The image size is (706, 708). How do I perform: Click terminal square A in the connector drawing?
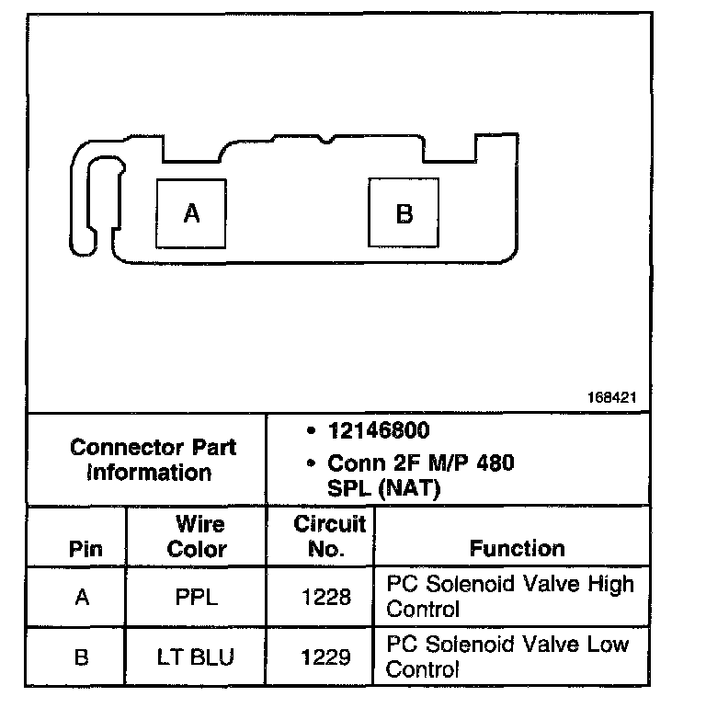191,213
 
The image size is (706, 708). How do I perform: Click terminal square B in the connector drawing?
404,213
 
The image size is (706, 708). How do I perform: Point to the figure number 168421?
611,399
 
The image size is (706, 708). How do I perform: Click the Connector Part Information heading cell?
153,460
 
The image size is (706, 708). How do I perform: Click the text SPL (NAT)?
384,488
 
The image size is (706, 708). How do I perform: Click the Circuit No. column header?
329,537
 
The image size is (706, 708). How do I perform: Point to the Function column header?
517,549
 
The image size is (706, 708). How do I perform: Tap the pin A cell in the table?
82,598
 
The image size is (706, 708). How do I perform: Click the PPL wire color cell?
197,598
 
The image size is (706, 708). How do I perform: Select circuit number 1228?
326,598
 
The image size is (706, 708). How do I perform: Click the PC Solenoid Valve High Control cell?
509,596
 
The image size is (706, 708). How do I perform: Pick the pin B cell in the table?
82,658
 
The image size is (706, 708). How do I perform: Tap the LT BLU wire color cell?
197,658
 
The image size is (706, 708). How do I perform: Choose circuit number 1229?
326,658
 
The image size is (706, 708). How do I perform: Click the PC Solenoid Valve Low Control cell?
507,656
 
